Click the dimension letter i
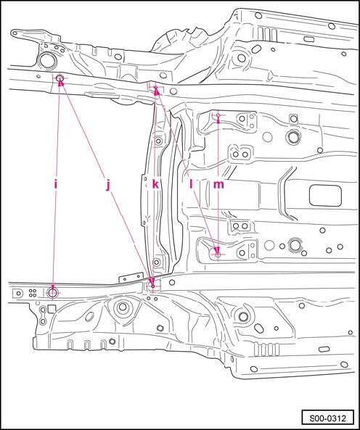(56, 185)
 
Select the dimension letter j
(108, 186)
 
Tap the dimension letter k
(155, 185)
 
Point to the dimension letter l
(192, 185)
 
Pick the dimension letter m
(218, 185)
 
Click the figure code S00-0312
(327, 418)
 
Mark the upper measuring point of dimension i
(60, 78)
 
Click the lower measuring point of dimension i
(52, 293)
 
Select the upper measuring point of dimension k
(155, 88)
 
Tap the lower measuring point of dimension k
(153, 286)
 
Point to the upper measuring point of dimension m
(218, 115)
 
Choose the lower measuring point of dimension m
(218, 255)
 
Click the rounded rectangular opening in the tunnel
(325, 195)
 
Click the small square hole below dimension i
(52, 309)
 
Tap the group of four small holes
(33, 293)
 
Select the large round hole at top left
(46, 61)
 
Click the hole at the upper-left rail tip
(15, 33)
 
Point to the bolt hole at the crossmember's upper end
(158, 141)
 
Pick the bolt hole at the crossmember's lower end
(156, 262)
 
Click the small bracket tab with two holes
(131, 277)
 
